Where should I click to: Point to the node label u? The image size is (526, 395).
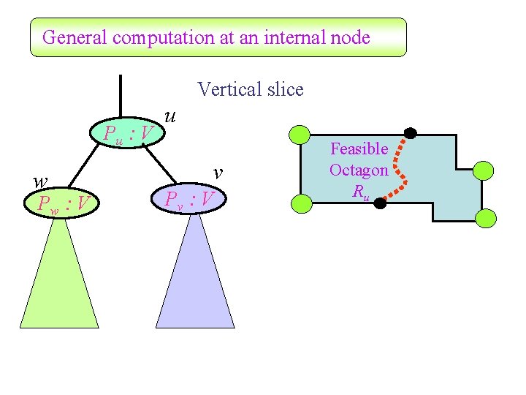(170, 115)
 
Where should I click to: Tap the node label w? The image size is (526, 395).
(42, 180)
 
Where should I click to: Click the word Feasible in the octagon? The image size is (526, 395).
(359, 149)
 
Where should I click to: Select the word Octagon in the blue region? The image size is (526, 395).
(359, 170)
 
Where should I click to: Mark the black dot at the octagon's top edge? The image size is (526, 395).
(411, 133)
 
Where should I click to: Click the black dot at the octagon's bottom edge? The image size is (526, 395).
(380, 204)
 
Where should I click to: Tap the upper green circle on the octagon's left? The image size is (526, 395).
(300, 135)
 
